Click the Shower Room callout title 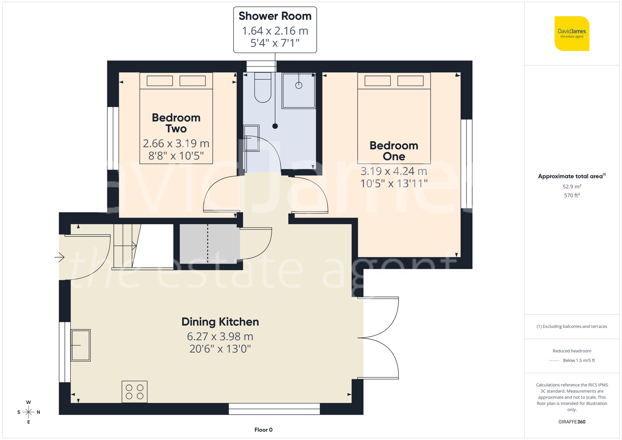[275, 16]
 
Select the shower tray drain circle [299, 85]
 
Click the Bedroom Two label [176, 123]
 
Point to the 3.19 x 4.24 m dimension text [394, 171]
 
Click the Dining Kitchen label [220, 322]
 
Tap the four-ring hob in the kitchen [135, 392]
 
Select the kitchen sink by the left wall [81, 345]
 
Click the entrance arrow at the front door [59, 257]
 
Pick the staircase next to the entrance [124, 246]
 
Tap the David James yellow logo [572, 34]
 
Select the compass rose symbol [29, 412]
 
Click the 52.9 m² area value [572, 187]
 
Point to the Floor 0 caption [263, 430]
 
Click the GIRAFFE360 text [572, 422]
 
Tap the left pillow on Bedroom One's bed [378, 81]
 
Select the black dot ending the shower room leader [275, 126]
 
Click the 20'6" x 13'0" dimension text [220, 349]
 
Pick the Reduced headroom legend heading [572, 351]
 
